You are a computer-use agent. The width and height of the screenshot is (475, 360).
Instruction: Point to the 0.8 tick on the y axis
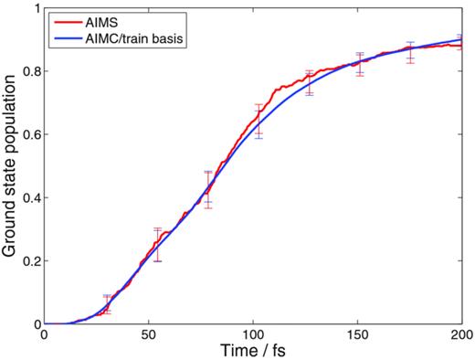(x=29, y=71)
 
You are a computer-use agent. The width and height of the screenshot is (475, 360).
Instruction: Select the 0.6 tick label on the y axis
(x=29, y=134)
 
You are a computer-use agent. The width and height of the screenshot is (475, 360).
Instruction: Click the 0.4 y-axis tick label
(x=29, y=197)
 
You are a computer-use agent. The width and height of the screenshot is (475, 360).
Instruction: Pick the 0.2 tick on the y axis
(x=29, y=260)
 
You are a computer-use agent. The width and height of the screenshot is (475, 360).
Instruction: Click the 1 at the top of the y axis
(x=35, y=8)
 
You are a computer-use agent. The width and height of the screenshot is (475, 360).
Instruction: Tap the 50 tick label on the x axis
(x=148, y=335)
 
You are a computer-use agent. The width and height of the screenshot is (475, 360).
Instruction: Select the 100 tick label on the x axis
(x=253, y=335)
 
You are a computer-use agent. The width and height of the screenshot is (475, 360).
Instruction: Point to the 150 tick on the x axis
(x=358, y=335)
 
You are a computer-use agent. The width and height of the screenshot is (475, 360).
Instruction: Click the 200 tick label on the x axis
(x=462, y=335)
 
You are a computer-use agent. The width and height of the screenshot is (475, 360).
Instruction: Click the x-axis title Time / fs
(x=253, y=351)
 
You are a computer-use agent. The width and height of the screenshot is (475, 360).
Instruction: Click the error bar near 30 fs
(x=107, y=304)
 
